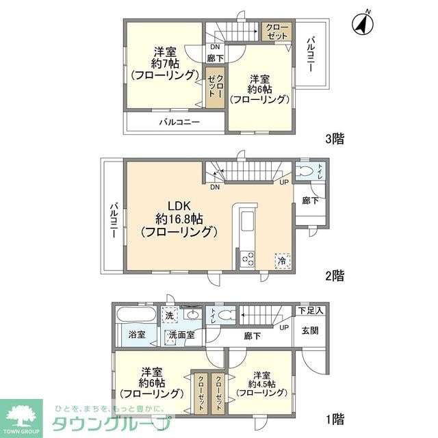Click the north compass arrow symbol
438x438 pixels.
coord(362,24)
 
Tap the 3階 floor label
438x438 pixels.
coord(335,139)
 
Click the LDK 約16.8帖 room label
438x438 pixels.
coord(179,219)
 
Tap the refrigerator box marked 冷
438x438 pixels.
coord(282,261)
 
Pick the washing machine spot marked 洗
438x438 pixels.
coord(169,315)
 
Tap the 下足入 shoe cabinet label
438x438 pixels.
coord(311,311)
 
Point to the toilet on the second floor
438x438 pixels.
coord(306,171)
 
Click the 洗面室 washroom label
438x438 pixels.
coord(181,335)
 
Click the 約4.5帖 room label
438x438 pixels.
coord(262,385)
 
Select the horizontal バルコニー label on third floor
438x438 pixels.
coord(179,123)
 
